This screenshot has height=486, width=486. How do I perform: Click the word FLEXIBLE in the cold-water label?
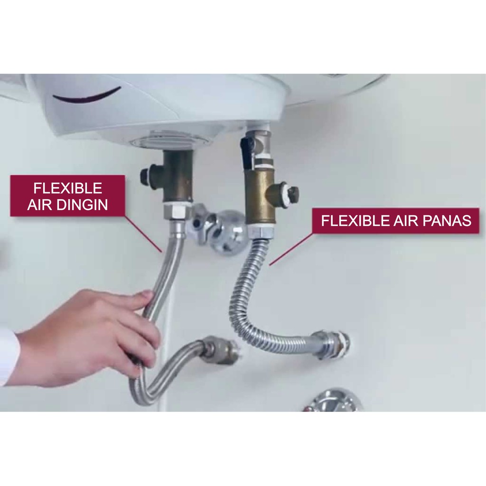(67, 188)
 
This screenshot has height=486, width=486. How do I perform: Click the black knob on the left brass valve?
(145, 174)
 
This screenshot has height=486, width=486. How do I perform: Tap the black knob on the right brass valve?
(293, 194)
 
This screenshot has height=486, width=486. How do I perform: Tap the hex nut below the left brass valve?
(176, 211)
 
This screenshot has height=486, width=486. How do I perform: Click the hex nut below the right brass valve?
(262, 231)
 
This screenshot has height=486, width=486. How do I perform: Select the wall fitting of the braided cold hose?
(221, 350)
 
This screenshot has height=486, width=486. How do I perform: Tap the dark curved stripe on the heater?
(86, 94)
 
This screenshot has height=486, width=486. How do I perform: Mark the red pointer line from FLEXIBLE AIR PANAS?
(291, 249)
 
